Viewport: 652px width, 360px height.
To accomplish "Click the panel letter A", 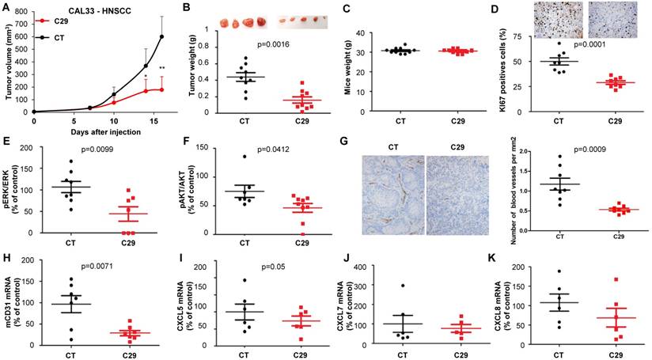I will click(6, 7).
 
